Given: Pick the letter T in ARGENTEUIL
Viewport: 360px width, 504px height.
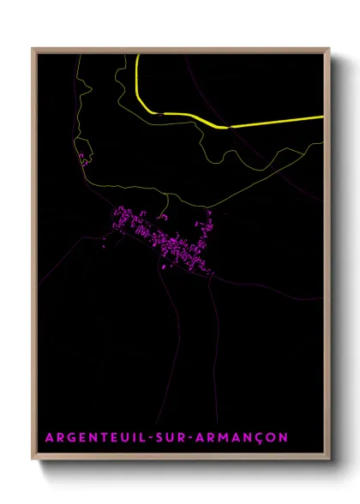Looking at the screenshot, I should point(110,438).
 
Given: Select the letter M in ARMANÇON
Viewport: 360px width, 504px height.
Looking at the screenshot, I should point(221,438).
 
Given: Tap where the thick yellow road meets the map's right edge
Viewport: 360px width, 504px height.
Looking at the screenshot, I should point(322,116).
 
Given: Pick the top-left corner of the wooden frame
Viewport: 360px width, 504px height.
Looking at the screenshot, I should point(33,48).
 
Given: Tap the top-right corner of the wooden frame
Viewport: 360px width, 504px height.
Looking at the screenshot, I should point(329,48).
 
